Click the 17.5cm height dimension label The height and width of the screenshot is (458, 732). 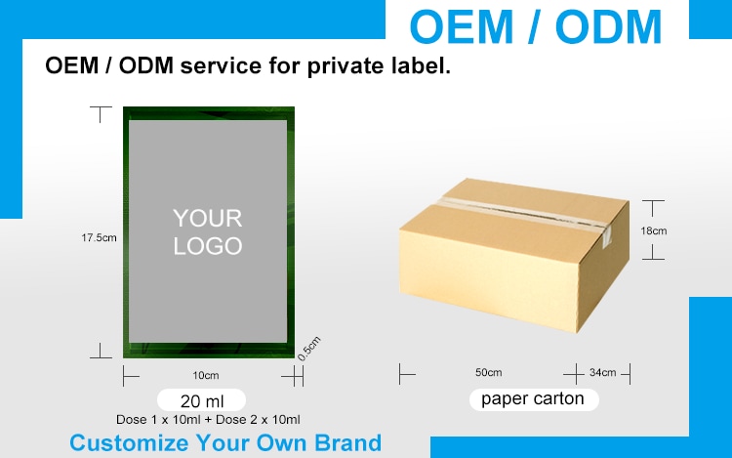pos(99,237)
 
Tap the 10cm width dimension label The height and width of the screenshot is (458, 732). pos(206,375)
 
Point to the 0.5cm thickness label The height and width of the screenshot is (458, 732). pos(309,349)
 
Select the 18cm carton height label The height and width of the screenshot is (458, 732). pos(654,230)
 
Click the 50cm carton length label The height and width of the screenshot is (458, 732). pos(489,373)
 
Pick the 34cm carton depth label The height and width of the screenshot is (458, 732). pos(603,373)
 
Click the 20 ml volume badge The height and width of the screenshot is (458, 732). pos(202,400)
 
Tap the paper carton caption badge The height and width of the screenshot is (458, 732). pos(534,399)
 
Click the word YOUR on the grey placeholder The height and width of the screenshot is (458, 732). pos(208,218)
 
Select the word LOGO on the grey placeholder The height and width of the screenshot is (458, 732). pos(208,246)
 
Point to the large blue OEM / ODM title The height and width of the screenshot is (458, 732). pos(536,26)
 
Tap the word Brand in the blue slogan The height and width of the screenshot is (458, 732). pos(347,442)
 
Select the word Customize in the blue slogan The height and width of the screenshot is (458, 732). pos(129,443)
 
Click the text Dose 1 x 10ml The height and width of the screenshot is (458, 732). pos(158,419)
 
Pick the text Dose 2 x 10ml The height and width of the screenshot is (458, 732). pos(258,419)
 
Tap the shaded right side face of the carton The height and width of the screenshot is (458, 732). pos(603,270)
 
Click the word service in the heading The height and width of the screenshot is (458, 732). pos(221,65)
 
